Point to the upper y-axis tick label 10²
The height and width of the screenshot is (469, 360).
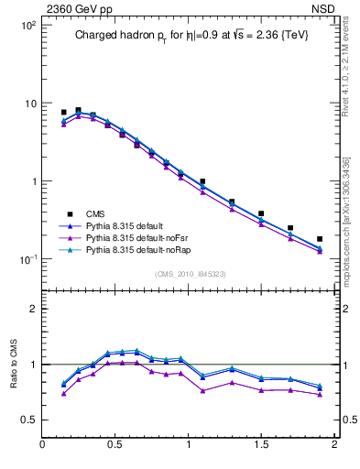point(28,26)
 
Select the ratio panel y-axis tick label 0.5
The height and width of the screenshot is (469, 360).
point(29,420)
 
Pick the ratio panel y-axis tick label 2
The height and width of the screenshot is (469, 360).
point(33,310)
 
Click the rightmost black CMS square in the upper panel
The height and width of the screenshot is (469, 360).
point(320,239)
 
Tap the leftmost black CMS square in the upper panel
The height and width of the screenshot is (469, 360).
point(63,113)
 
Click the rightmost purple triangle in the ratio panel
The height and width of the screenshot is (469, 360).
point(320,394)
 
